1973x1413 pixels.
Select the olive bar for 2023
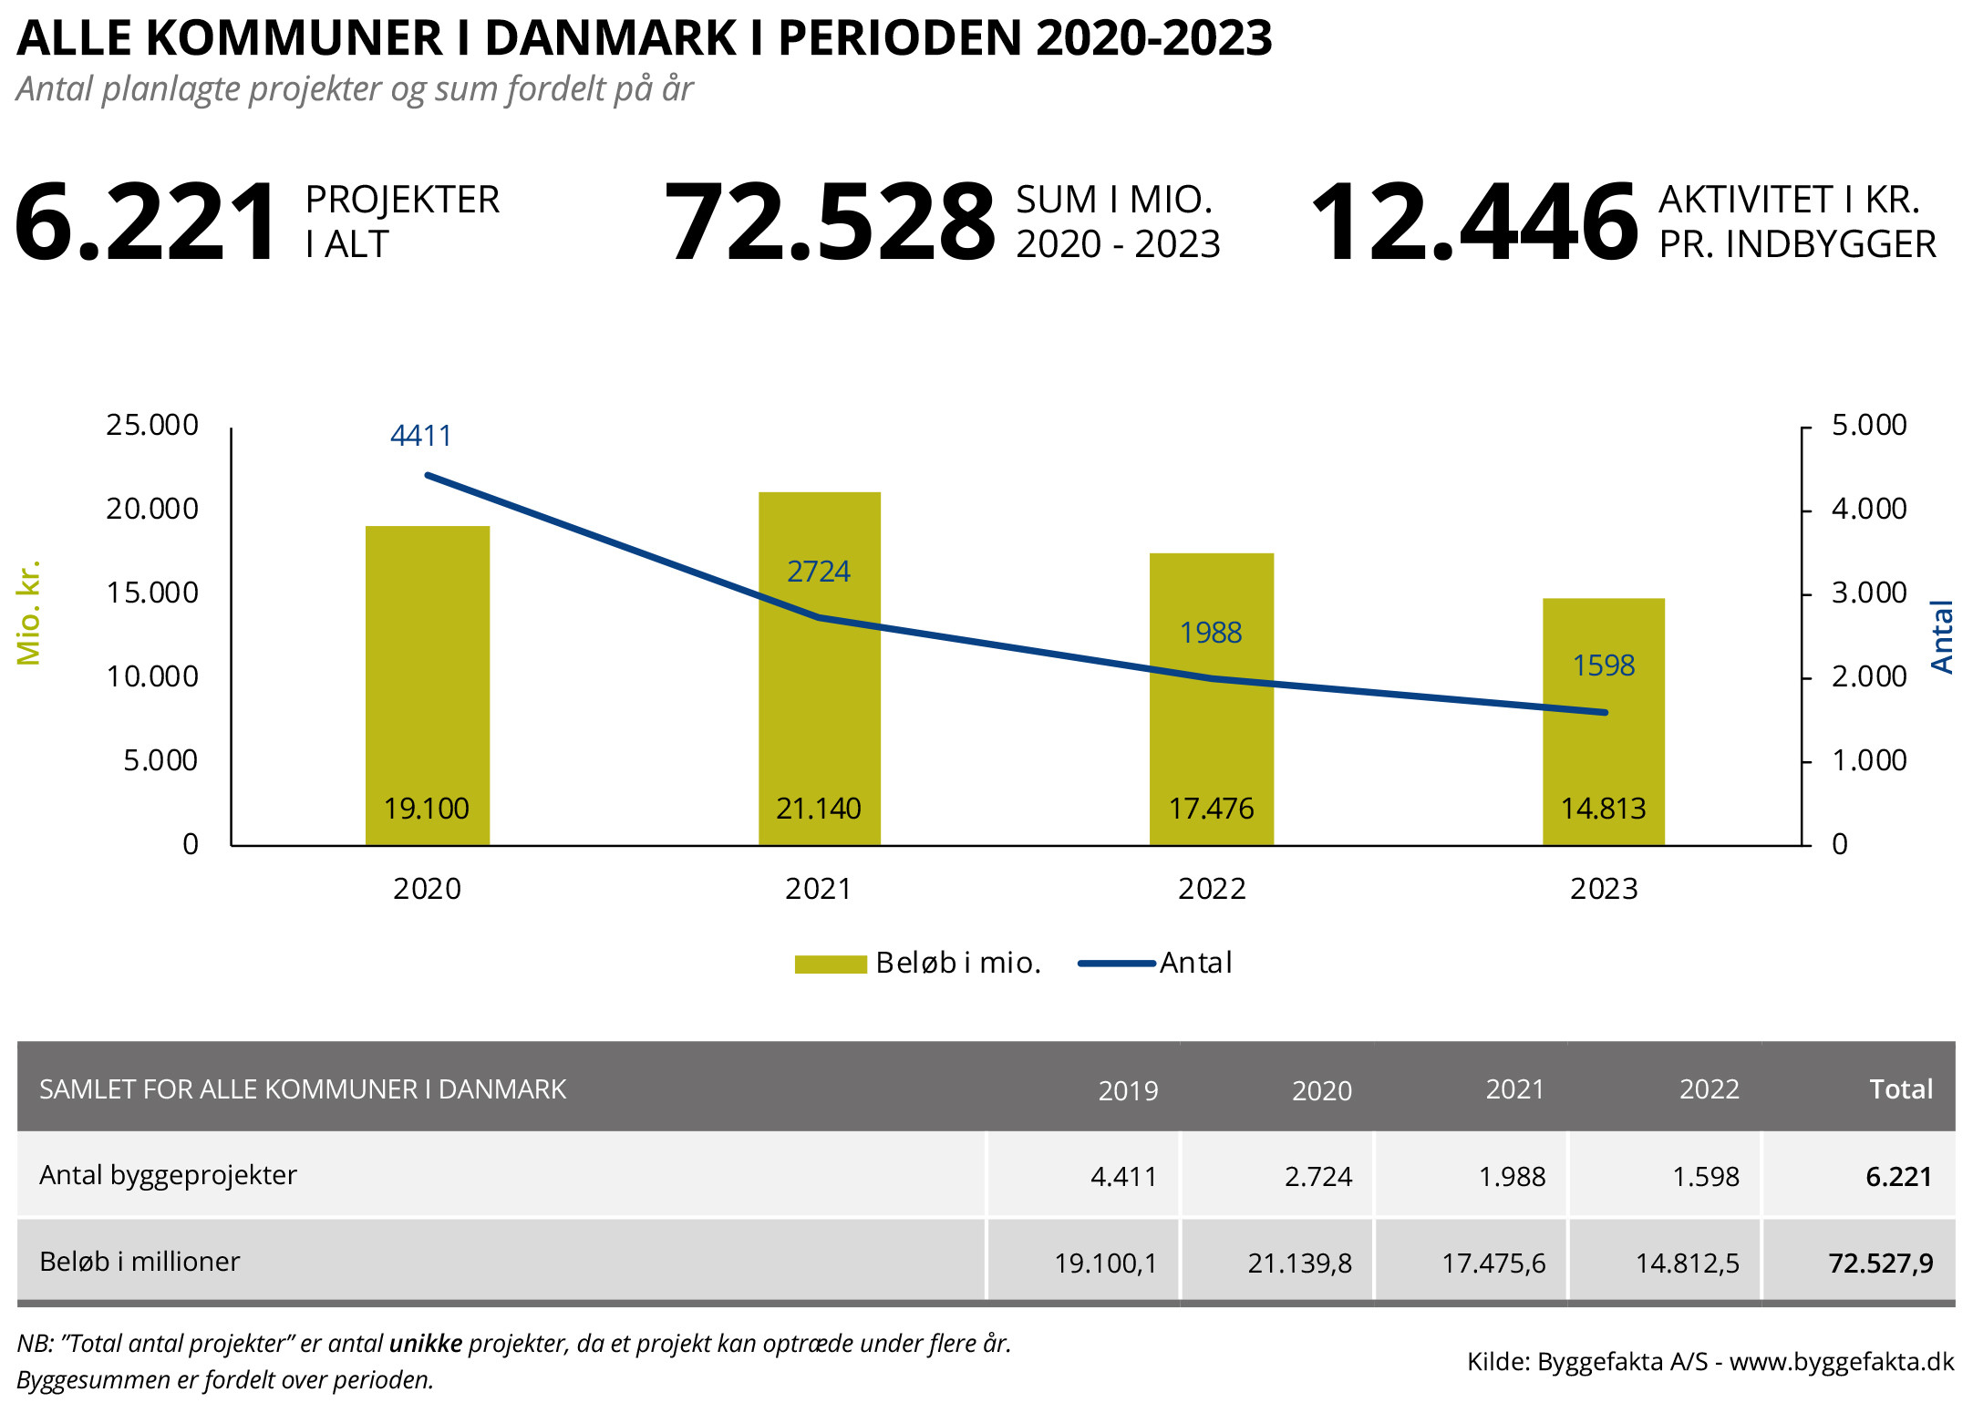(1603, 748)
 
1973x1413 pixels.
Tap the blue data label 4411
(420, 436)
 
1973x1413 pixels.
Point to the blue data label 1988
(1210, 633)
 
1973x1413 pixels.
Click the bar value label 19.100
(426, 809)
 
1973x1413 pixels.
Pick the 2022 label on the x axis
(1211, 889)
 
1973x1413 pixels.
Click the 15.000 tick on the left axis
(152, 593)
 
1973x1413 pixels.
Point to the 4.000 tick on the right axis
(1869, 509)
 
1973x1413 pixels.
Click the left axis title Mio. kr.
(29, 613)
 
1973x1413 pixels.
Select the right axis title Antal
(1942, 636)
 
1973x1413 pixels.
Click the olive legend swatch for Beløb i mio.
(830, 964)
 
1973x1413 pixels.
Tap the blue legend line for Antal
(1116, 964)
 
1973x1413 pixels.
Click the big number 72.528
(830, 222)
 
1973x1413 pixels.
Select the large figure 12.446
(1474, 222)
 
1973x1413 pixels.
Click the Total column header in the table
(1900, 1089)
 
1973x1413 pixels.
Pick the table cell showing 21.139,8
(1299, 1263)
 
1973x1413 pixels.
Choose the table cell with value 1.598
(1705, 1177)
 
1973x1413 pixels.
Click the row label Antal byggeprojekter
(168, 1175)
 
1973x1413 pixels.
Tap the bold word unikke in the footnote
(426, 1344)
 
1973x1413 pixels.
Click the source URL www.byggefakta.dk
(1841, 1362)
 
